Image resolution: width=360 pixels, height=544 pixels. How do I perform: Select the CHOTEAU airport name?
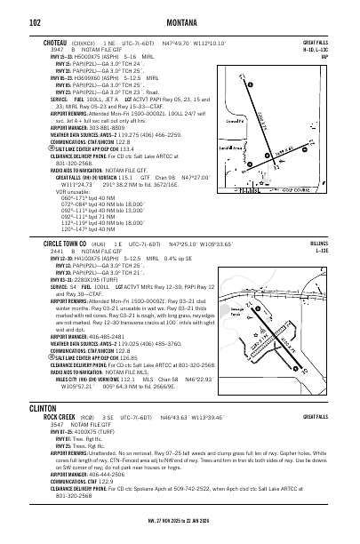(58, 41)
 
